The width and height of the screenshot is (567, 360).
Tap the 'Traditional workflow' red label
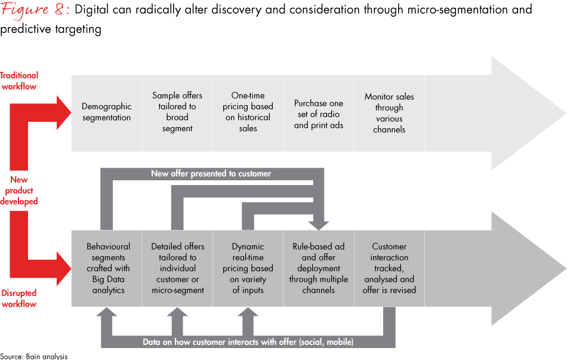click(x=19, y=81)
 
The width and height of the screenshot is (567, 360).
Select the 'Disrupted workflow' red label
click(x=19, y=299)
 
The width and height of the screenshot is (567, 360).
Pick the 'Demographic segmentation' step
click(x=106, y=112)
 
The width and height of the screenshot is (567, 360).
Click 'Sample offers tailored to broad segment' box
click(x=177, y=112)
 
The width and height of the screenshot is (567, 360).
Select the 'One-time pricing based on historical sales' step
click(x=248, y=112)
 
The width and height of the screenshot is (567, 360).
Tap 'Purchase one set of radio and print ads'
click(x=319, y=114)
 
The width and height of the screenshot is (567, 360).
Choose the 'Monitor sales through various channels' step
click(x=389, y=112)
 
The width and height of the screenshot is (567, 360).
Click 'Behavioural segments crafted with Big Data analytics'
click(x=106, y=268)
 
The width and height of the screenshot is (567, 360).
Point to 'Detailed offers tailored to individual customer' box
click(x=177, y=268)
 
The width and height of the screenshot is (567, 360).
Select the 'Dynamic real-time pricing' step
click(x=248, y=268)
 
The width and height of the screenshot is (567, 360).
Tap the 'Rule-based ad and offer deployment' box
click(x=319, y=268)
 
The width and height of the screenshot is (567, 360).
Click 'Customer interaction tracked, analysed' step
click(x=389, y=268)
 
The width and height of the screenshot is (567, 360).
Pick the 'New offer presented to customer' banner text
click(x=211, y=174)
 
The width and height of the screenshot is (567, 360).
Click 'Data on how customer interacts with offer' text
click(x=248, y=342)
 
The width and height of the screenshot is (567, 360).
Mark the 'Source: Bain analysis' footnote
click(x=34, y=356)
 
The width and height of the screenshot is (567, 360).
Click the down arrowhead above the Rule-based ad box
click(x=319, y=225)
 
